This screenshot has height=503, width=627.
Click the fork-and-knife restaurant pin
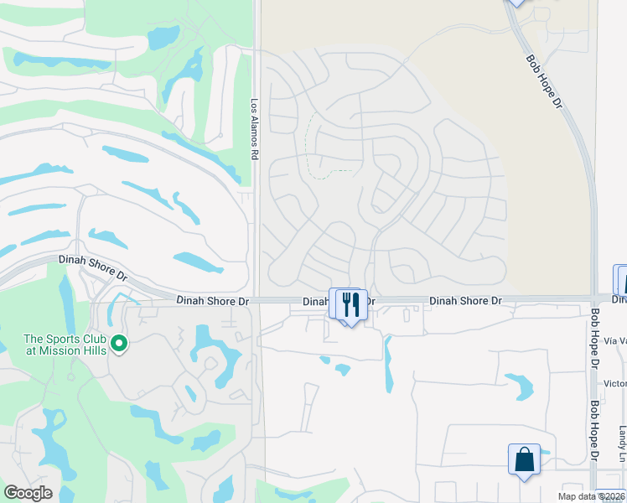352,304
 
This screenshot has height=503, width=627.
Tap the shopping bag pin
524,459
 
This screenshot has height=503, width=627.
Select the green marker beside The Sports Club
119,342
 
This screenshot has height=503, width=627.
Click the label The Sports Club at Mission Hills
65,345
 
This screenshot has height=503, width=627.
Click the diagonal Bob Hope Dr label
545,80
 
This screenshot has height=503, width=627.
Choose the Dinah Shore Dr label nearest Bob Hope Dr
465,300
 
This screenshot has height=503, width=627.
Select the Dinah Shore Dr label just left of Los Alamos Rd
213,300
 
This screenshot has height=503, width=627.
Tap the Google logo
28,493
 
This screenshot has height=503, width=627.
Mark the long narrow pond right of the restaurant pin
388,366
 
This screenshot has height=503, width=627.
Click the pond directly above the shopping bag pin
518,386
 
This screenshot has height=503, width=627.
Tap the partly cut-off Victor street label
614,384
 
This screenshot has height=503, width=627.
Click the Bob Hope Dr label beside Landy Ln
593,429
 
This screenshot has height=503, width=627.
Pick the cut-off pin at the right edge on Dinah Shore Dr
621,281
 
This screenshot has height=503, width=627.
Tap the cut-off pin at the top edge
516,3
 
